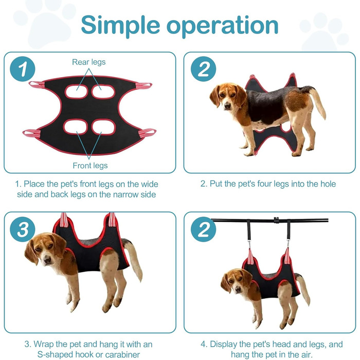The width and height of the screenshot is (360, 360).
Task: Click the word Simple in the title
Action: [120, 25]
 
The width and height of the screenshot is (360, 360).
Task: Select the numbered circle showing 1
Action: [22, 69]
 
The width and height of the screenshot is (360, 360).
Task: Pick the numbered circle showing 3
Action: [23, 229]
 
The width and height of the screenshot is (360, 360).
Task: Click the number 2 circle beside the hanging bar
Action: [204, 229]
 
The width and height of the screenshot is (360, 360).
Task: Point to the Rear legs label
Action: [88, 62]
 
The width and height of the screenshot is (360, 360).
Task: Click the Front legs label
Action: [90, 166]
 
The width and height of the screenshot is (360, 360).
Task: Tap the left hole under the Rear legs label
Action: [77, 92]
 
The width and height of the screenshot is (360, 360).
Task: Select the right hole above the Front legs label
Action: [103, 127]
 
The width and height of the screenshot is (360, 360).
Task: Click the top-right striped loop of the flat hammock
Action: [144, 86]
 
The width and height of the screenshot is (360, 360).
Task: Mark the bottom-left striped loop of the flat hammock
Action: [32, 133]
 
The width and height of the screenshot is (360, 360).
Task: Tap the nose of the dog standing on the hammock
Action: [227, 105]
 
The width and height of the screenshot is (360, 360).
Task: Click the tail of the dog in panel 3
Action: [134, 259]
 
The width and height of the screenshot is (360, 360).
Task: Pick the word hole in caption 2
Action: [328, 184]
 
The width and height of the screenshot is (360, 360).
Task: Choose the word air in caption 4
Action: [307, 354]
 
